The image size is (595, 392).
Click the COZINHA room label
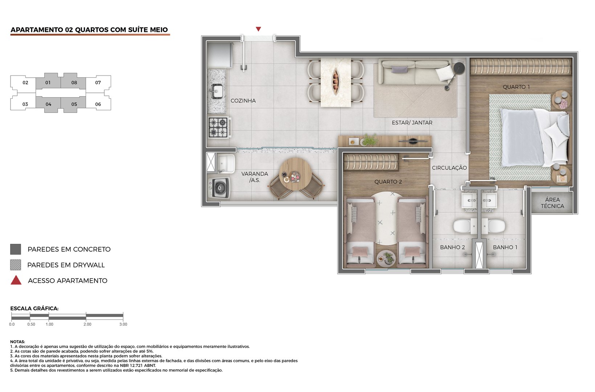(243, 101)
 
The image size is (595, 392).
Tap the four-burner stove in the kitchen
(218, 127)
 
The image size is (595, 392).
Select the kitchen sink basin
(217, 91)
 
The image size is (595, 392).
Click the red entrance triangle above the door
(258, 29)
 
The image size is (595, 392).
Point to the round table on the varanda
(296, 174)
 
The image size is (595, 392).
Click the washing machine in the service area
(219, 188)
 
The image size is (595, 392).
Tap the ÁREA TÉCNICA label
(552, 203)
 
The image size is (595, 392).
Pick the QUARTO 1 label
(516, 87)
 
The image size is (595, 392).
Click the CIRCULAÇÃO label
(449, 168)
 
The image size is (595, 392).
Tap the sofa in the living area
(414, 72)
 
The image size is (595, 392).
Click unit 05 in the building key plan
(74, 104)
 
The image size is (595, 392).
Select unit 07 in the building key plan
(98, 83)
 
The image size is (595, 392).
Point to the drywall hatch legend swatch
(16, 265)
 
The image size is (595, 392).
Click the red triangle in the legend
(16, 281)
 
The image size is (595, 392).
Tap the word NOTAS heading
(17, 342)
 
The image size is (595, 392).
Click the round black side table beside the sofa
(459, 68)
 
